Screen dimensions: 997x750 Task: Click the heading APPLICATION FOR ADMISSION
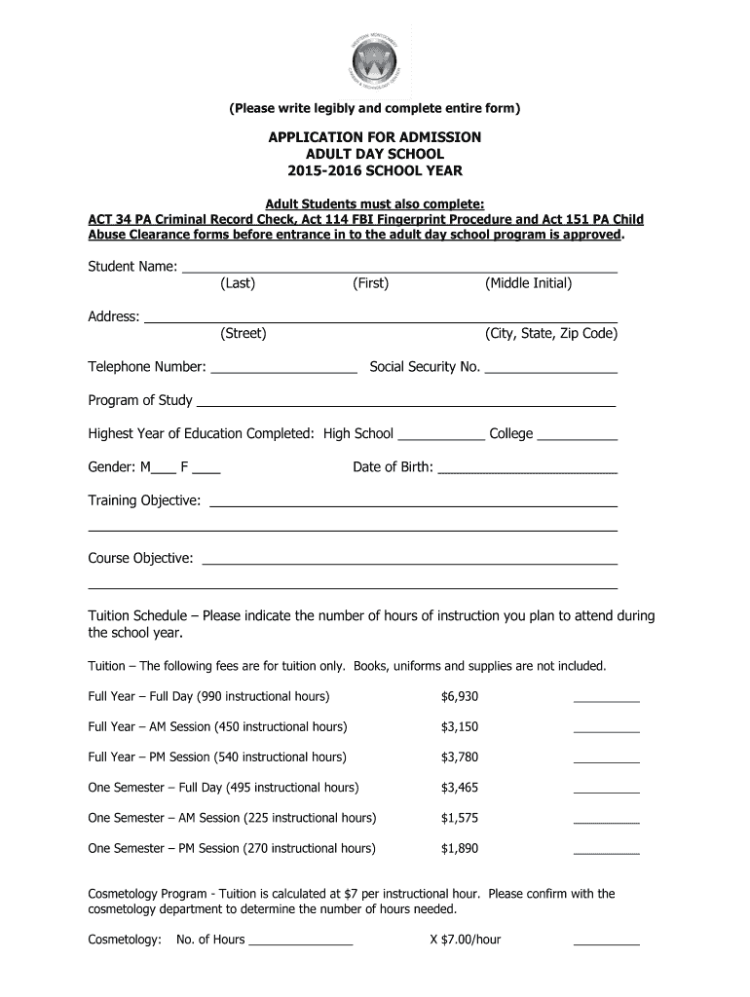(375, 137)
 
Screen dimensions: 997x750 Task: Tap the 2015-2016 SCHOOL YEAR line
(375, 171)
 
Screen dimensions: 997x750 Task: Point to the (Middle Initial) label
(528, 283)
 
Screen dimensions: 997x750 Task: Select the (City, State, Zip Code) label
(551, 334)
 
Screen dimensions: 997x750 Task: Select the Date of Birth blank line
(527, 470)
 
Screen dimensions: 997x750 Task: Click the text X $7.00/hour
(465, 940)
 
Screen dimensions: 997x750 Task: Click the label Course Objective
(140, 559)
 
